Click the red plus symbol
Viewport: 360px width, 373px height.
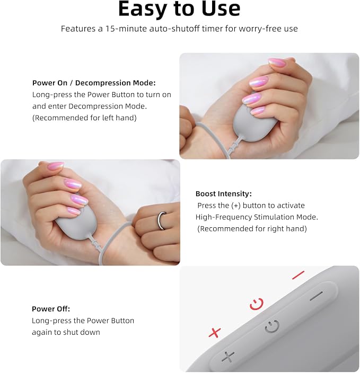point(215,332)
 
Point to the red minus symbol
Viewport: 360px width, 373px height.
point(298,274)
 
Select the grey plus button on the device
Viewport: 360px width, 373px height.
point(228,357)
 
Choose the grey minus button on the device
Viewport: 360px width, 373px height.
point(317,296)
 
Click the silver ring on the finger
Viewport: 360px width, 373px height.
point(161,220)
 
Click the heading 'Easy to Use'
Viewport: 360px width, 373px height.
point(179,8)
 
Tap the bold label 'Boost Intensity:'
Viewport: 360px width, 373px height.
point(224,193)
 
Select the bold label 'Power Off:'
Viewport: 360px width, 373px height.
point(51,309)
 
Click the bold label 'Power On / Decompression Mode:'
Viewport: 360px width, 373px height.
point(94,83)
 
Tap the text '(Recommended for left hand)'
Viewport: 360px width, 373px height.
point(84,118)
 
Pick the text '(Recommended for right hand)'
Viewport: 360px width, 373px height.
point(252,228)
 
